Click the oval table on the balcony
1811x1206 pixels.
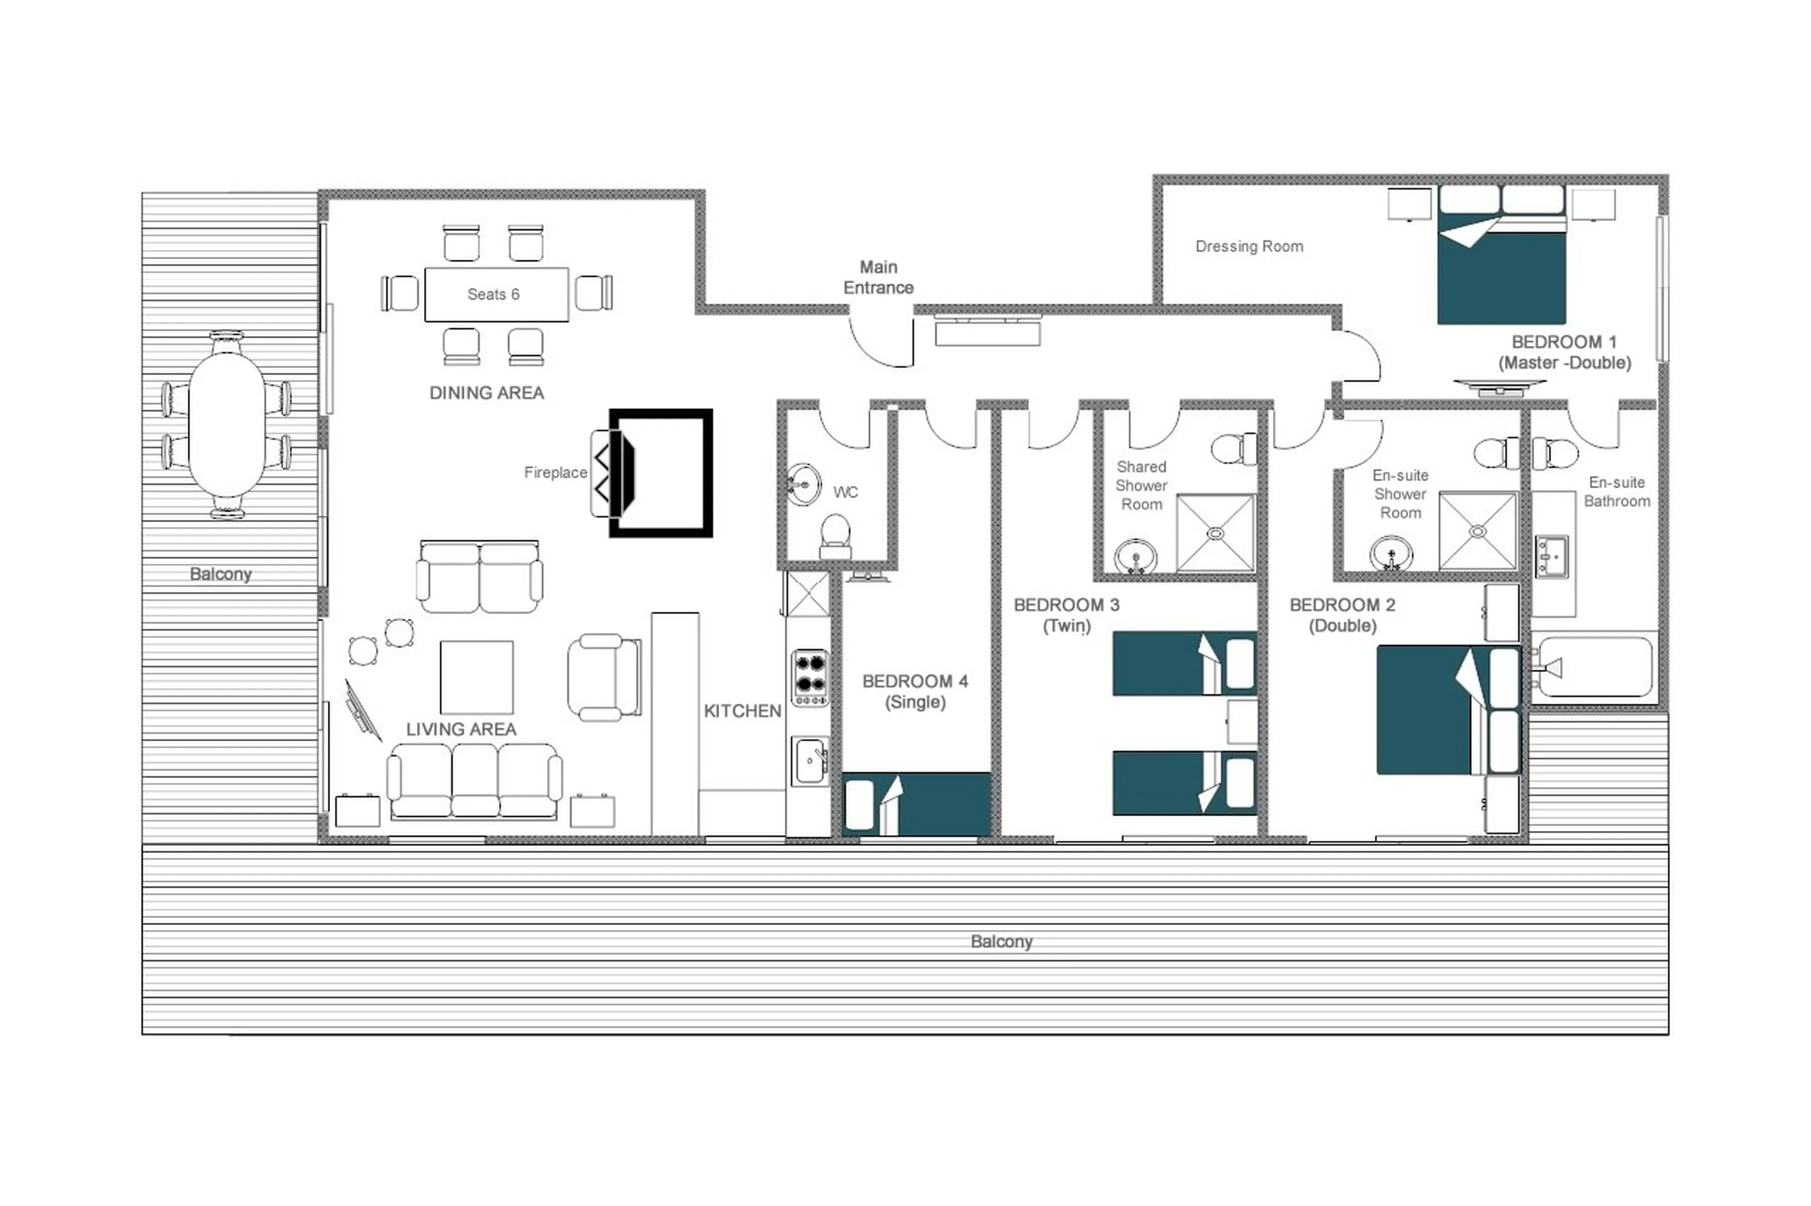[226, 425]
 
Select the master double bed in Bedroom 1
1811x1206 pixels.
[1501, 265]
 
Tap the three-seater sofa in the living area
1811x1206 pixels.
[474, 780]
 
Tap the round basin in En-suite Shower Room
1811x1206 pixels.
[1390, 552]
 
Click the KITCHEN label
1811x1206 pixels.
[742, 711]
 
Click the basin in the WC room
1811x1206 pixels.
[803, 484]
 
